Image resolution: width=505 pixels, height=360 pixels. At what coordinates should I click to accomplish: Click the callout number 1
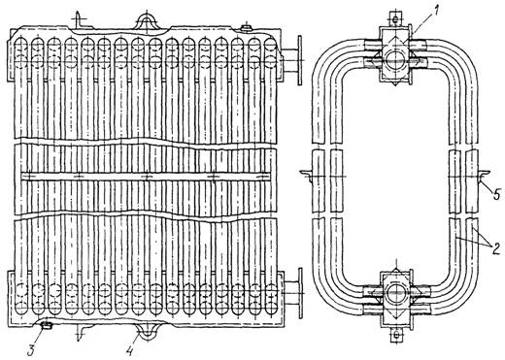point(436,11)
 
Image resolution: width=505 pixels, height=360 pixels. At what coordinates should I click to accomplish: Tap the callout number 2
point(496,248)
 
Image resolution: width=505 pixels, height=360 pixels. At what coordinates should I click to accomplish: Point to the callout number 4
point(130,350)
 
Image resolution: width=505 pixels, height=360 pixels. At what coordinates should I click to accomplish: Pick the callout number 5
point(496,195)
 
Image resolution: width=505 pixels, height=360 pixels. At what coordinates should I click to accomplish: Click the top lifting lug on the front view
point(148,22)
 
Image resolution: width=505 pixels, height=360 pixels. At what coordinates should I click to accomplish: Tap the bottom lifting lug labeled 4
point(148,331)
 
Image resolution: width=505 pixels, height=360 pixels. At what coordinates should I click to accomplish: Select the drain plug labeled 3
point(48,325)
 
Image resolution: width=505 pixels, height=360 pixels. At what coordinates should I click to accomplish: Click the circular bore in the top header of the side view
point(395,59)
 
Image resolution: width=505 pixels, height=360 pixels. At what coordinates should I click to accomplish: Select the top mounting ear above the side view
point(395,19)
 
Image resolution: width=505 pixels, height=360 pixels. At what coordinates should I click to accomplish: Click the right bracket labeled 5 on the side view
point(484,176)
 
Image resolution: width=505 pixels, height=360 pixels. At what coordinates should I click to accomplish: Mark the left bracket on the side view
point(306,176)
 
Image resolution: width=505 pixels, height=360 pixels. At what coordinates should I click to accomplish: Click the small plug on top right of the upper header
point(247,28)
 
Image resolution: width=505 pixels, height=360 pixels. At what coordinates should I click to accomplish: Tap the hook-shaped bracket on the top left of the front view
point(78,19)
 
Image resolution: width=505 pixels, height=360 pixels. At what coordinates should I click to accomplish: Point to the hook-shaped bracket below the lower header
point(80,333)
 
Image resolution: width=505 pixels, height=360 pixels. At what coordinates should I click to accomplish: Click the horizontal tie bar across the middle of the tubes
point(146,177)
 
